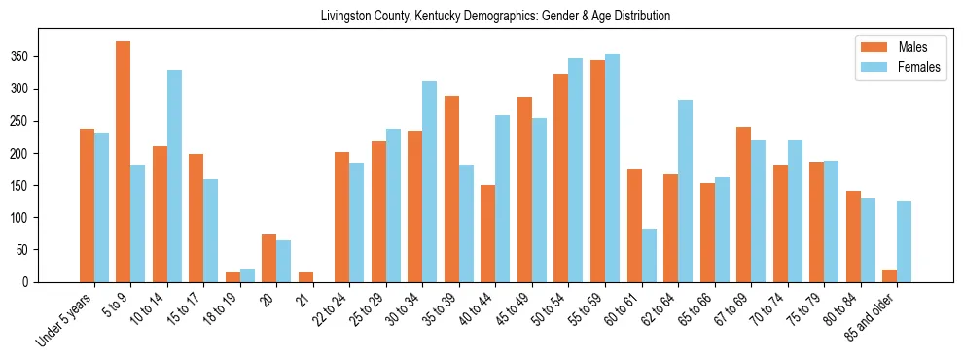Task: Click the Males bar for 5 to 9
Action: (124, 162)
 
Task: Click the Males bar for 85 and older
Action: (889, 276)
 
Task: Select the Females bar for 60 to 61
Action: (649, 256)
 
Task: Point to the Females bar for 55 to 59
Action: (612, 168)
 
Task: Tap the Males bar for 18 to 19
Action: (232, 277)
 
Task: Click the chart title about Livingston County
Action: (495, 17)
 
